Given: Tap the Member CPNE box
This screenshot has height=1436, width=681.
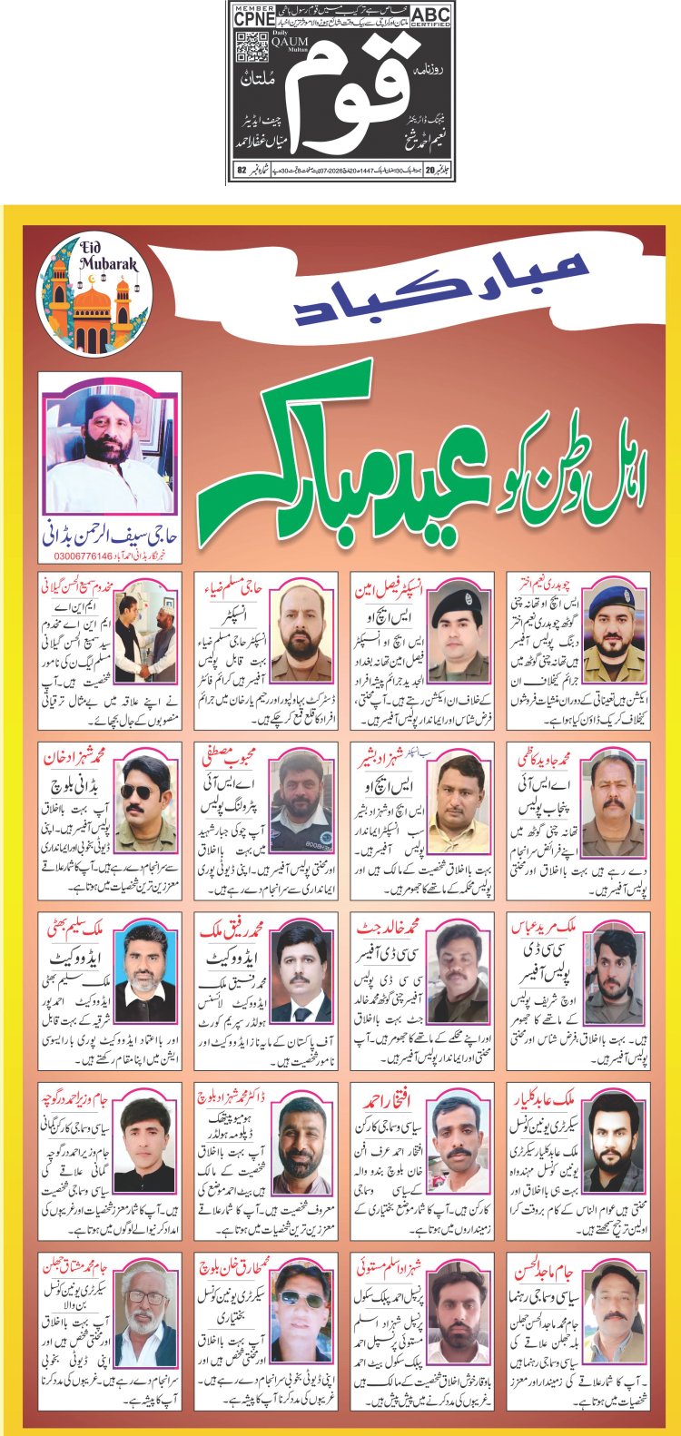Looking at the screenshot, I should tap(254, 15).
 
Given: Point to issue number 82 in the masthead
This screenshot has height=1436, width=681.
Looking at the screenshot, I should tap(242, 170).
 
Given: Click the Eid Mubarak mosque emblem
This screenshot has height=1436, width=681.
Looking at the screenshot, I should tap(93, 290).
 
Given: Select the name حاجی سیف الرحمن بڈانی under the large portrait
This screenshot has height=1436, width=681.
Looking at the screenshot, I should tap(112, 536).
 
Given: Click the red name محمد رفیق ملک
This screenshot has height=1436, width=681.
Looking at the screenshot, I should tap(232, 928).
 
